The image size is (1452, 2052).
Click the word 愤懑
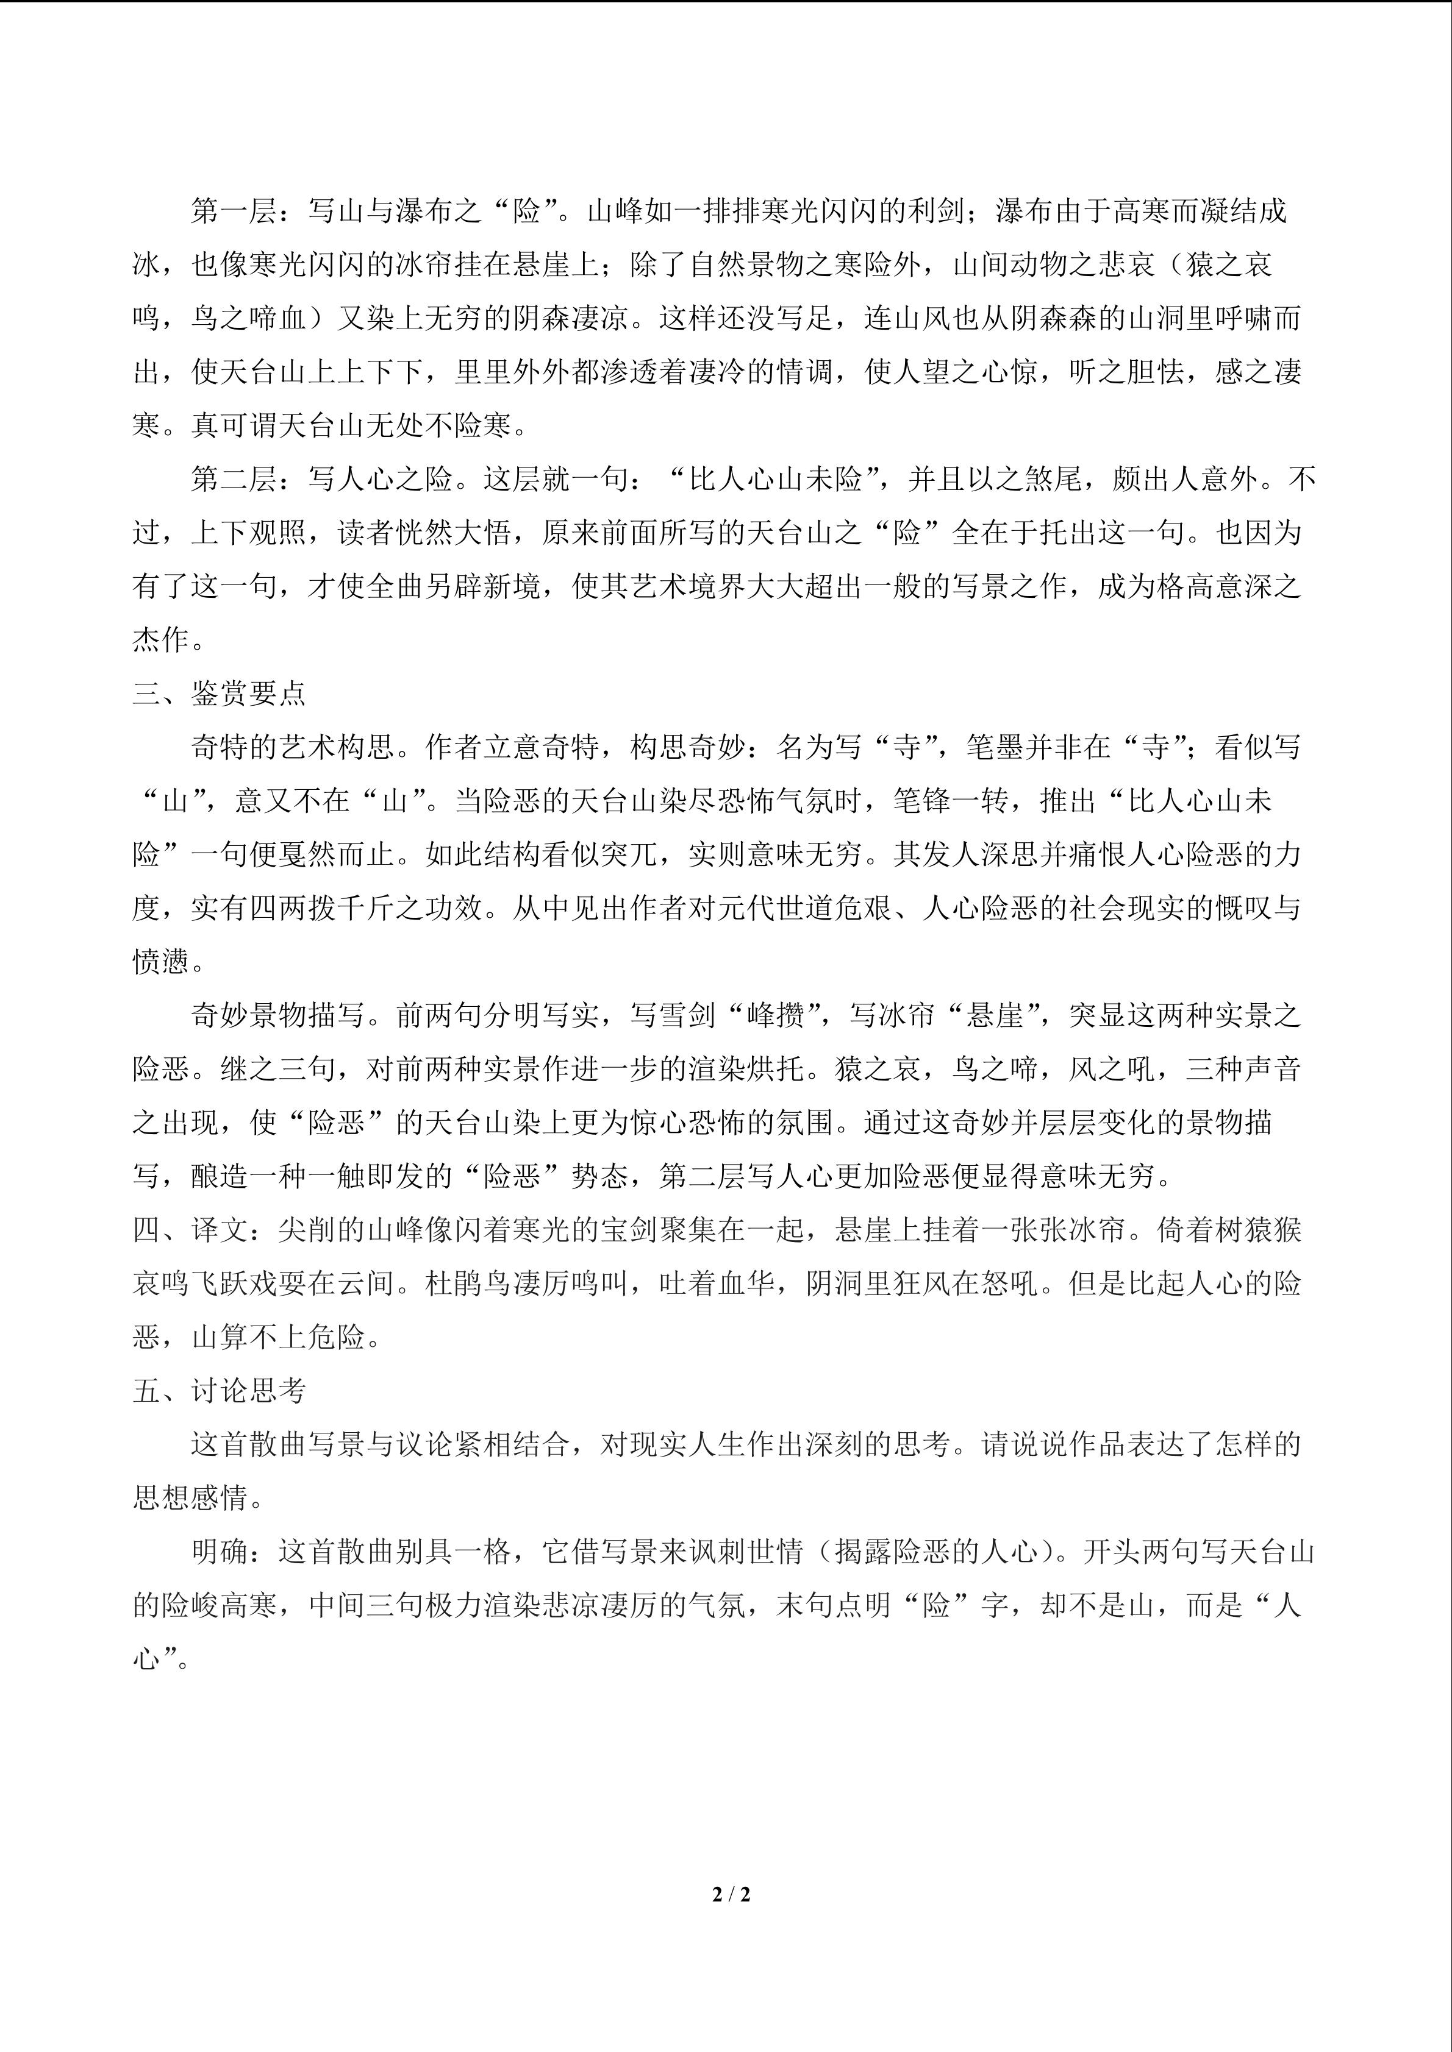click(162, 962)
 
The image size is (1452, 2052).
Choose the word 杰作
click(162, 641)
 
